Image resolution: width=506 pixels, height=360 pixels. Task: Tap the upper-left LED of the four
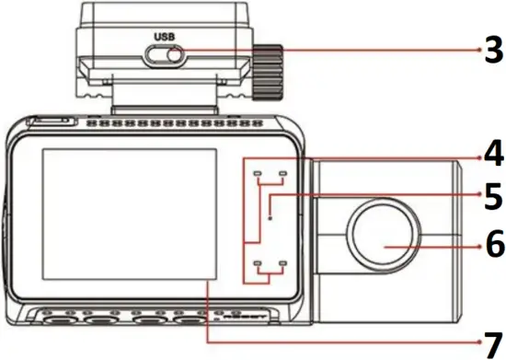coord(259,173)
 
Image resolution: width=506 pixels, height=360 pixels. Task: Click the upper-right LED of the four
coord(282,173)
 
